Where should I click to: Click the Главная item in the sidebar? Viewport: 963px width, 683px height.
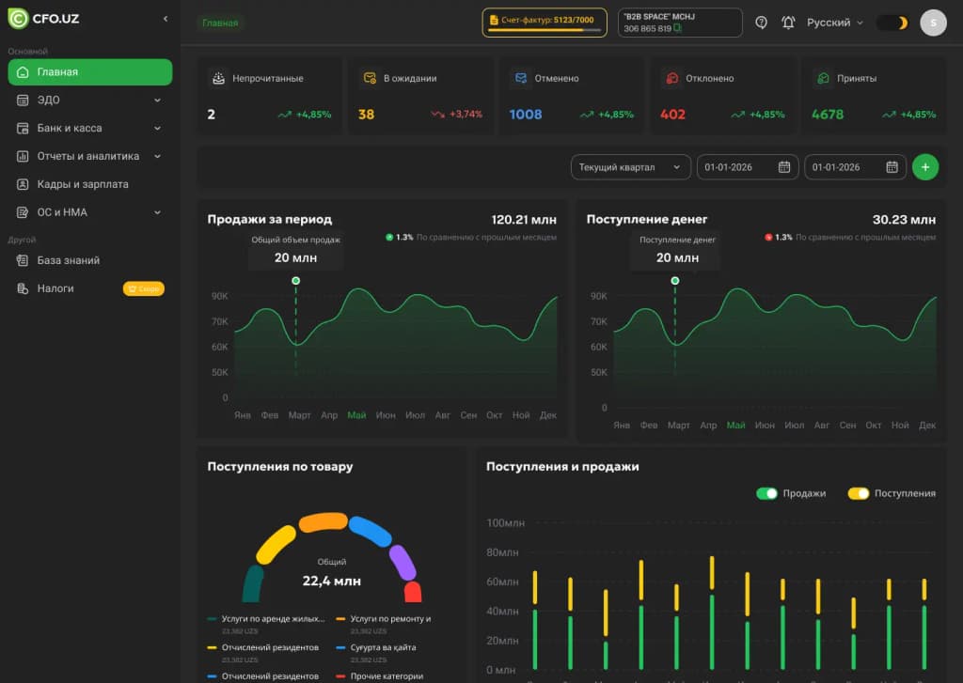pos(89,72)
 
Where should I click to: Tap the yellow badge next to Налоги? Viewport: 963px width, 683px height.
pos(143,288)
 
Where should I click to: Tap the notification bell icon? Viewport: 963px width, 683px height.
pos(788,23)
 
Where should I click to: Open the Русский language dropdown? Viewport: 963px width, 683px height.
pos(834,23)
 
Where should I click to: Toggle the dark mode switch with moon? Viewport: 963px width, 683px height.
pos(892,23)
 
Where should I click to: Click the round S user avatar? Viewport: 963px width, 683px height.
pos(933,23)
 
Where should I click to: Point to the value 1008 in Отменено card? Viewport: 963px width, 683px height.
pos(526,115)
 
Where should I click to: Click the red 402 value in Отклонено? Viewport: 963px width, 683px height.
pos(673,115)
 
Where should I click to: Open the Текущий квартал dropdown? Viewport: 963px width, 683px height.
pos(630,167)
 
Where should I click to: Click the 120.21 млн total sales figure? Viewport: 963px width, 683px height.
pos(524,220)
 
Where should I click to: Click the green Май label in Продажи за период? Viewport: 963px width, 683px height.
pos(356,415)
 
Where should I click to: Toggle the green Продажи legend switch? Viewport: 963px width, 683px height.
pos(767,493)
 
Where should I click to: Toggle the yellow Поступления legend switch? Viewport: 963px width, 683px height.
pos(858,493)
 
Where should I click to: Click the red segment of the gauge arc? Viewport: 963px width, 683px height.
pos(413,592)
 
